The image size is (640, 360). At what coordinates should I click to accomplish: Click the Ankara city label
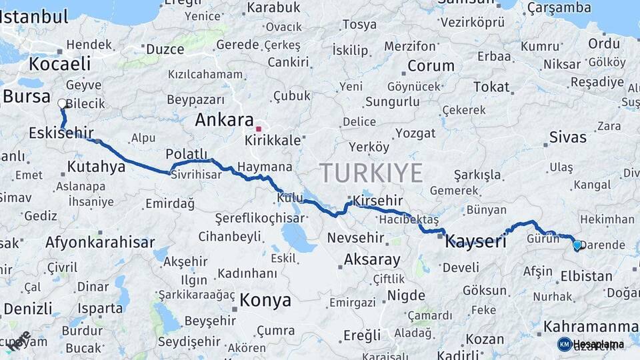coord(224,121)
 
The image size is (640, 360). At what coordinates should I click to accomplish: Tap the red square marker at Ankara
coord(259,127)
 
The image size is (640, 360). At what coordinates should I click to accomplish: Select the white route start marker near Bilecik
coord(62,104)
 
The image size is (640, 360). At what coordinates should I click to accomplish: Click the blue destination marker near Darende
coord(577,245)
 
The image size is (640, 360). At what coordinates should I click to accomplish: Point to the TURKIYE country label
coord(371,173)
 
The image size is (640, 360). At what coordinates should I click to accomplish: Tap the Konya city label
coord(265,300)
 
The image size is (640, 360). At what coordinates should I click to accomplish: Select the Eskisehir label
coord(61,133)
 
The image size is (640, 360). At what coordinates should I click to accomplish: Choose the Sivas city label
coord(568,137)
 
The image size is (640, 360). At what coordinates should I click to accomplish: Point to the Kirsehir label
coord(378,201)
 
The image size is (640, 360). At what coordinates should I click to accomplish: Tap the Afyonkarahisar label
coord(100,243)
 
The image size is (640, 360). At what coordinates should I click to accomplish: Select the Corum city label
coord(431,66)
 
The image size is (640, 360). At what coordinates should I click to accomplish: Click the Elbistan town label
coord(586,275)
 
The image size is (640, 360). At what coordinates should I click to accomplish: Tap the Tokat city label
coord(491,87)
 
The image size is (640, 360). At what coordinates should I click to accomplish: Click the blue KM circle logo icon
coord(564,344)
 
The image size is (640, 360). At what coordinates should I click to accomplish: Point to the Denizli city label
coord(27,309)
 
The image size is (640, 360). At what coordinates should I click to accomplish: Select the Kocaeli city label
coord(59,64)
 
